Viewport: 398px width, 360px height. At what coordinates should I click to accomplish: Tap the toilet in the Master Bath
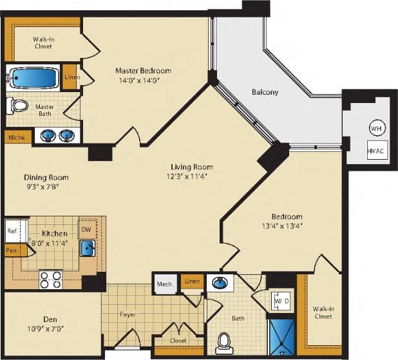pyautogui.click(x=19, y=105)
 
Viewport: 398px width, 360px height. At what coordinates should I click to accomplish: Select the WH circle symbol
pyautogui.click(x=375, y=128)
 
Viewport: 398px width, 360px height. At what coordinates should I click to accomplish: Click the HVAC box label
pyautogui.click(x=375, y=152)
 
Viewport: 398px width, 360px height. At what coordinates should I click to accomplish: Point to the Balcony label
pyautogui.click(x=265, y=92)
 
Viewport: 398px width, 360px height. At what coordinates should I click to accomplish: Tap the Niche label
pyautogui.click(x=16, y=137)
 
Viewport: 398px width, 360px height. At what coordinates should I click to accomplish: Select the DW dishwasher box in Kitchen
pyautogui.click(x=86, y=229)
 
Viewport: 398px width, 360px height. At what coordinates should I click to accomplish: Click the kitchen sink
pyautogui.click(x=88, y=248)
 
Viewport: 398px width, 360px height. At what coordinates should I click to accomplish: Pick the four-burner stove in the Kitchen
pyautogui.click(x=51, y=279)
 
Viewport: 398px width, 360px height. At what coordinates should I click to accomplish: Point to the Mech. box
pyautogui.click(x=164, y=283)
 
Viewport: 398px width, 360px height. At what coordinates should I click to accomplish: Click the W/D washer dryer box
pyautogui.click(x=281, y=301)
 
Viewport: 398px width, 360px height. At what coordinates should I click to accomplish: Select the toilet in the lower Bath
pyautogui.click(x=224, y=341)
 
